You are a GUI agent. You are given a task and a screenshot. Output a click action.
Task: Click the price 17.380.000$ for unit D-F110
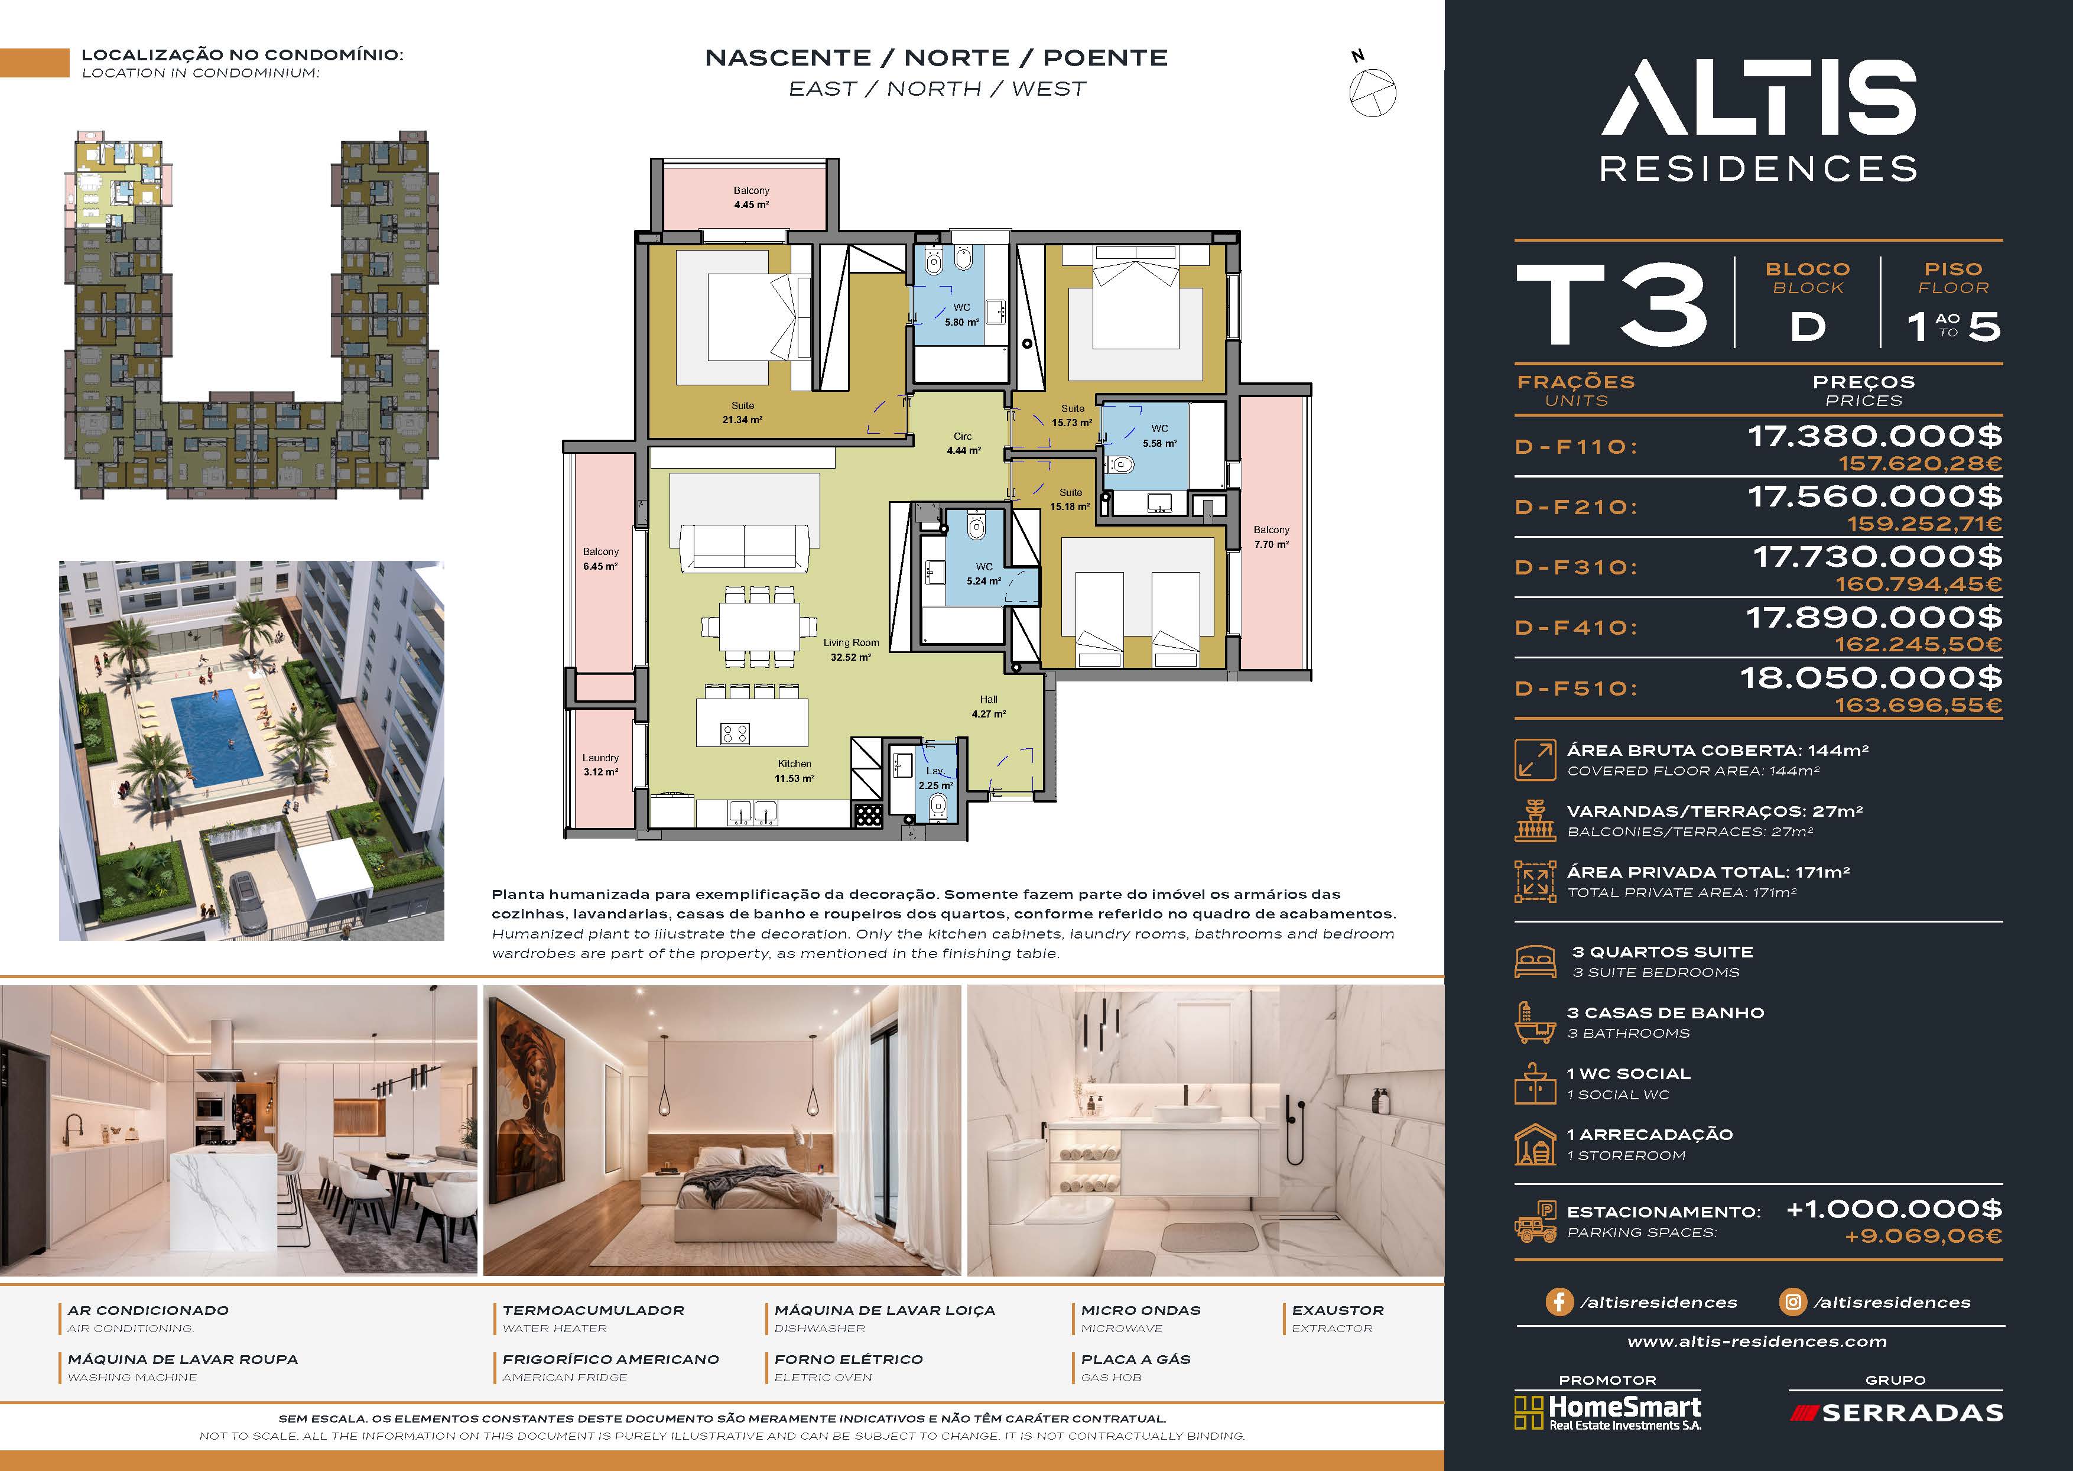click(x=1874, y=437)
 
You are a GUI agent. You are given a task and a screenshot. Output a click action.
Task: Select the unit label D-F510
click(x=1576, y=689)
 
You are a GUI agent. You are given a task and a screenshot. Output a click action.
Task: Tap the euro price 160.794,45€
click(x=1918, y=584)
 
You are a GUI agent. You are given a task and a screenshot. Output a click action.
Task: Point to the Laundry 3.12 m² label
click(x=600, y=765)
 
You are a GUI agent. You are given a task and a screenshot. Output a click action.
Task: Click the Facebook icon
click(x=1559, y=1301)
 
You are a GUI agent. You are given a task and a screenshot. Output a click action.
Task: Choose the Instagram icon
click(x=1792, y=1301)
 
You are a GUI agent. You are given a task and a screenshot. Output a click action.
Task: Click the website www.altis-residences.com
click(x=1757, y=1342)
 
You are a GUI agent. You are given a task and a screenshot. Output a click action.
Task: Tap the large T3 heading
click(x=1612, y=304)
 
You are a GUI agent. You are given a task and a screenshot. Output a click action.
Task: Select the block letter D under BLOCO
click(x=1808, y=327)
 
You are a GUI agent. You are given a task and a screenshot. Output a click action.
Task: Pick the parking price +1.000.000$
click(x=1894, y=1209)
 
